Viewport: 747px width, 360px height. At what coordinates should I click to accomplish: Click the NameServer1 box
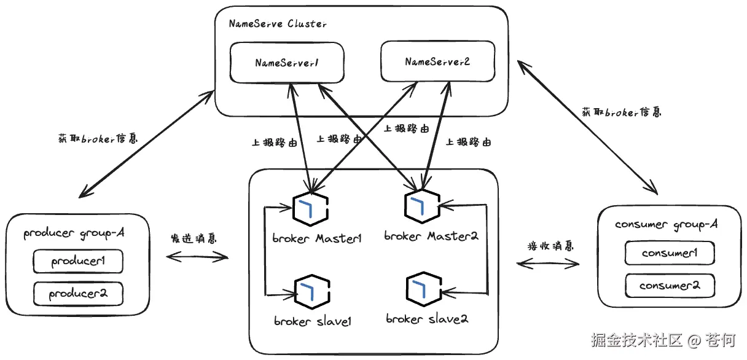point(286,62)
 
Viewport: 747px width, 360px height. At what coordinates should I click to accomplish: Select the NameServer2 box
point(437,61)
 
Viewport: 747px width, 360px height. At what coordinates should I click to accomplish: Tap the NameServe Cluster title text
point(277,24)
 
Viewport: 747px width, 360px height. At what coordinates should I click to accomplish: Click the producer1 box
point(78,261)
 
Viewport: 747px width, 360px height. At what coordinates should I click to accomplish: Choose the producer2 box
point(78,294)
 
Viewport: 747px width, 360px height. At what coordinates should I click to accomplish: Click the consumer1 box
point(670,253)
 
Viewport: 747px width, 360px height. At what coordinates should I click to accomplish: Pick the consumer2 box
point(670,286)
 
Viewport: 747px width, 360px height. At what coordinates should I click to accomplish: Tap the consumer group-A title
point(667,225)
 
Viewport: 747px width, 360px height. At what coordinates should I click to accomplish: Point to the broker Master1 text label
point(316,238)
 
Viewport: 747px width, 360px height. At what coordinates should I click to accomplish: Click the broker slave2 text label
point(428,319)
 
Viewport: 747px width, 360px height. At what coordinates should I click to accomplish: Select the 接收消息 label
point(550,246)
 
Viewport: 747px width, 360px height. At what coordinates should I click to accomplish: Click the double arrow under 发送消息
point(197,257)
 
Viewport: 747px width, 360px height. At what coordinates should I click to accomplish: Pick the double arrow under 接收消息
point(548,264)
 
